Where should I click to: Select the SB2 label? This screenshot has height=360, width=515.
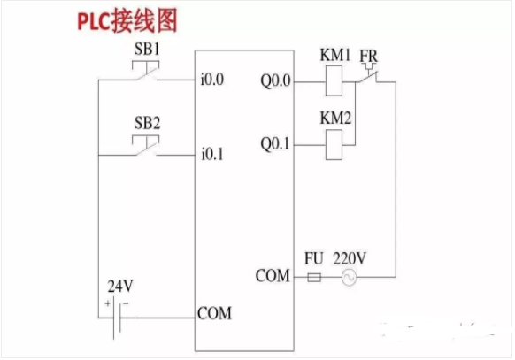[147, 121]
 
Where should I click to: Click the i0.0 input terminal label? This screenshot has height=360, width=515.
[212, 80]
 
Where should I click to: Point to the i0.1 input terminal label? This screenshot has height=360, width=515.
[212, 155]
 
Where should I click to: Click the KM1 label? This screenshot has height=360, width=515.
[335, 56]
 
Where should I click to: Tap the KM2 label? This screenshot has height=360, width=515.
[335, 117]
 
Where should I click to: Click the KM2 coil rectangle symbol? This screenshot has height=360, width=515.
[335, 142]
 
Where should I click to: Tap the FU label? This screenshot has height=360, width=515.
[313, 259]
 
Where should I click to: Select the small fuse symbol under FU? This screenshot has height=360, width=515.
[314, 278]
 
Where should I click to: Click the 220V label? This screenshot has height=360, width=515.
[350, 259]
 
